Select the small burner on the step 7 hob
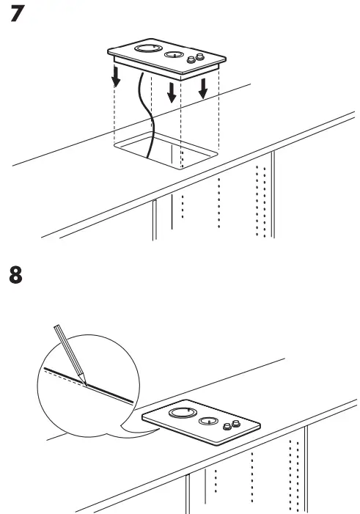tap(172, 55)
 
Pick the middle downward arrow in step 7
tap(172, 91)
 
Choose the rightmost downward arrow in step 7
tap(203, 87)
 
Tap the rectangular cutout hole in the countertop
tap(165, 150)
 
